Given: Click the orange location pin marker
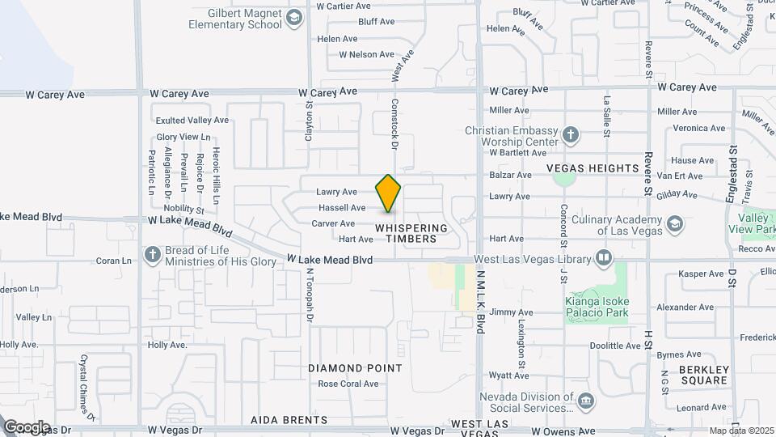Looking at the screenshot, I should coord(389,193).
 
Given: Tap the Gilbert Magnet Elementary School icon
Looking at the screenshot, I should coord(295,18).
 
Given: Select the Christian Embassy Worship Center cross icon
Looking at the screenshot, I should coord(571,134).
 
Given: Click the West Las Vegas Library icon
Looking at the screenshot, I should coord(603,258).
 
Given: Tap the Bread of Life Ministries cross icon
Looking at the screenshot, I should coord(151,256).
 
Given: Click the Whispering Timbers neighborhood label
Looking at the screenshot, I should coord(411,233).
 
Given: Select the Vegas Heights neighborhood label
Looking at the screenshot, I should coord(593,168).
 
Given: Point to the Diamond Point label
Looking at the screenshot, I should coord(355,368).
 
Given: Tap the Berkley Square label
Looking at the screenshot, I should coord(704,375).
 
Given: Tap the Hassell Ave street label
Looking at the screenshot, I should coord(341,208).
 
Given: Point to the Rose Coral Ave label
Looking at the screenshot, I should coord(348,384).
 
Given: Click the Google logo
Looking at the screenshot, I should coord(26,427).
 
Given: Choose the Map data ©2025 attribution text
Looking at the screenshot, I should coord(740,431).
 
